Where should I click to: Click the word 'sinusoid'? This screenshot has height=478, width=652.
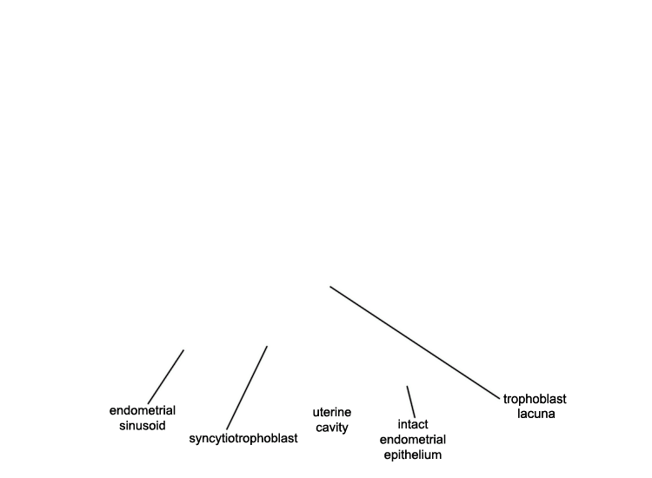point(143,426)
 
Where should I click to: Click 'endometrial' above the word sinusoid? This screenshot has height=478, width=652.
point(143,411)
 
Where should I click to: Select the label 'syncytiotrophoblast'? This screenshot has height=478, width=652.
point(243,439)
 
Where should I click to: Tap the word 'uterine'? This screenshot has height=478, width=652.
point(332,412)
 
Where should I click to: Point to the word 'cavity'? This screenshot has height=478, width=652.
point(332,428)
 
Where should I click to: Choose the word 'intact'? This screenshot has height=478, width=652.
point(413,424)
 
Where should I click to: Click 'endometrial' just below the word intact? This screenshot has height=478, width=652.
point(412,440)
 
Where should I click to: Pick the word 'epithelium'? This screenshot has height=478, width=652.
point(412,455)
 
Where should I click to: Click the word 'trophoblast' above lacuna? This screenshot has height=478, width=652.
point(535,399)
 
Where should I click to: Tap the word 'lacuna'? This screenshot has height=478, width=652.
point(536,414)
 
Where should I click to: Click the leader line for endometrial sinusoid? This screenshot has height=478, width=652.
point(166,376)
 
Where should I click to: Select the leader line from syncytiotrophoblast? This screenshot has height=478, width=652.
point(247,388)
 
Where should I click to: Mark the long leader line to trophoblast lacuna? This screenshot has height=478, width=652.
point(415,343)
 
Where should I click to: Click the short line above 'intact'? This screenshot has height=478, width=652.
point(411,402)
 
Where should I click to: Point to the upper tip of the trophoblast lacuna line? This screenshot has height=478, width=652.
point(330,287)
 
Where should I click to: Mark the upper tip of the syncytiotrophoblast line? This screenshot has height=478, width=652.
point(267,346)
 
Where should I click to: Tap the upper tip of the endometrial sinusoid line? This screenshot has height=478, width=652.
point(183,350)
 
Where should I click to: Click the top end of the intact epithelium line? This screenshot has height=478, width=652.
point(407,386)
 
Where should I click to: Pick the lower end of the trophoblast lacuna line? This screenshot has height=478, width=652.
point(500,400)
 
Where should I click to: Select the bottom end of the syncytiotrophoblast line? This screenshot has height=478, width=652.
point(227,429)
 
